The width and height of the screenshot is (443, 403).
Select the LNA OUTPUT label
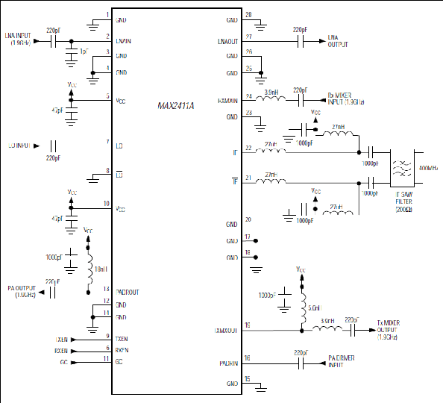click(338, 40)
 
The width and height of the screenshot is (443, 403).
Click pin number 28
click(248, 14)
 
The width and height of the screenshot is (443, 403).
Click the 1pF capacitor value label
click(84, 51)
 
